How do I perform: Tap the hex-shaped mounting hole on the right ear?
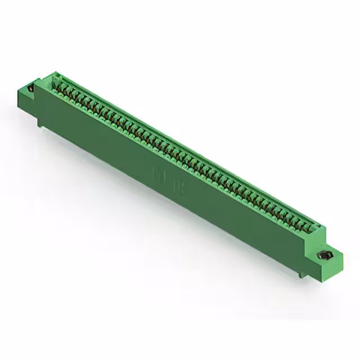pos(325,255)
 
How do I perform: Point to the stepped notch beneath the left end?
pos(40,121)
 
